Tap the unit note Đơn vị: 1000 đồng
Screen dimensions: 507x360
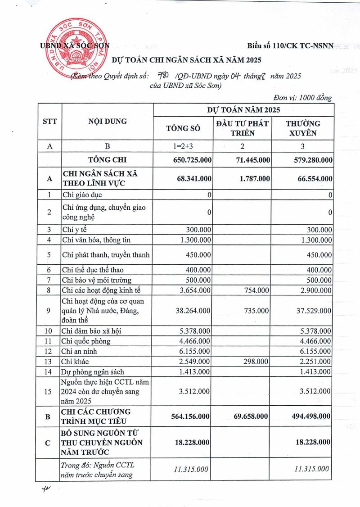pos(302,98)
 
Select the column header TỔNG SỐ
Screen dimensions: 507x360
pos(183,128)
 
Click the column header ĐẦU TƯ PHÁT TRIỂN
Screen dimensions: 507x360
pos(243,128)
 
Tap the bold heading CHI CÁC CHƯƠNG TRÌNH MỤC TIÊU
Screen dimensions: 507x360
pos(96,417)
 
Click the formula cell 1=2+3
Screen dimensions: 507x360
pos(183,146)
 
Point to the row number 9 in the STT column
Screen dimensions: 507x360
pos(49,311)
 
